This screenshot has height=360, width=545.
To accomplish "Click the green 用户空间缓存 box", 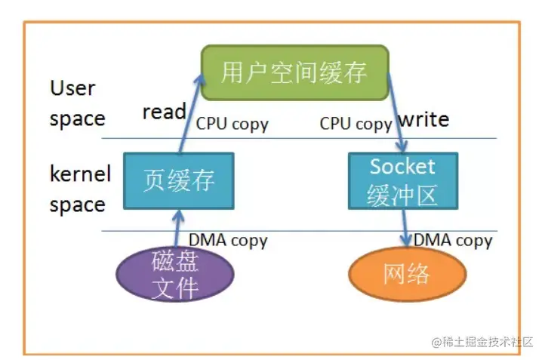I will [294, 72].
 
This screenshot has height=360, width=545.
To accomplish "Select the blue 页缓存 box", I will [179, 181].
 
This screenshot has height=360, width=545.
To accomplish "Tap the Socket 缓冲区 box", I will [402, 181].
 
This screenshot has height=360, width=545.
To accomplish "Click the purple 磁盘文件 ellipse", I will [175, 273].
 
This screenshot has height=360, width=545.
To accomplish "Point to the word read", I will [164, 112].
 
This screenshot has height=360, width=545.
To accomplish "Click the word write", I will [423, 119].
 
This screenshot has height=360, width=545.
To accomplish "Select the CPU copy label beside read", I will [232, 124].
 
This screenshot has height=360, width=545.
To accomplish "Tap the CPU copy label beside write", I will [355, 124].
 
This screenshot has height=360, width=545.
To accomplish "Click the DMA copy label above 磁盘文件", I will [228, 241].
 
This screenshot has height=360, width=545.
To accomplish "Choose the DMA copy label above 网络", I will [453, 241].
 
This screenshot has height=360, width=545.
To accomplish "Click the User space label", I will [75, 103].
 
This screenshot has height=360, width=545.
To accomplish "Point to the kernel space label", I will [79, 189].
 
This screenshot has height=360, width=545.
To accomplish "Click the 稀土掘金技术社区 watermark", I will [483, 342].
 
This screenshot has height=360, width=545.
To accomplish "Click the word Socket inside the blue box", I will [402, 167].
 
